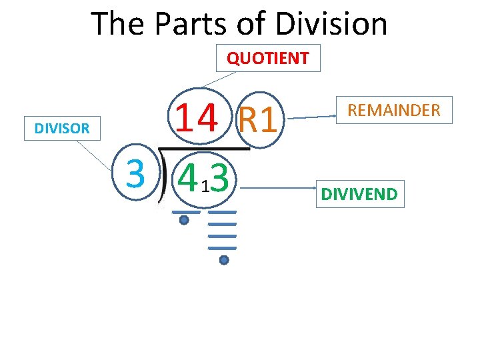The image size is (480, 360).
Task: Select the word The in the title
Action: [117, 24]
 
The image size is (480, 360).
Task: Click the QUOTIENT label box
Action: [267, 58]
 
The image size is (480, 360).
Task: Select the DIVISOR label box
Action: [62, 128]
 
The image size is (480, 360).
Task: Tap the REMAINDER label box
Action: [395, 110]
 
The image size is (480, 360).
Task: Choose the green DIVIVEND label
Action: [359, 194]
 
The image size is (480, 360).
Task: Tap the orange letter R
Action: [249, 121]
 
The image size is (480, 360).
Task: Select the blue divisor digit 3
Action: [135, 175]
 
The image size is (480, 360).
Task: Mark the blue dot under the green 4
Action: [184, 220]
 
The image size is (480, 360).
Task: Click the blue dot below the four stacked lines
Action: [224, 260]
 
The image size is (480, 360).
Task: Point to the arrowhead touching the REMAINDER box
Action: [335, 116]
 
